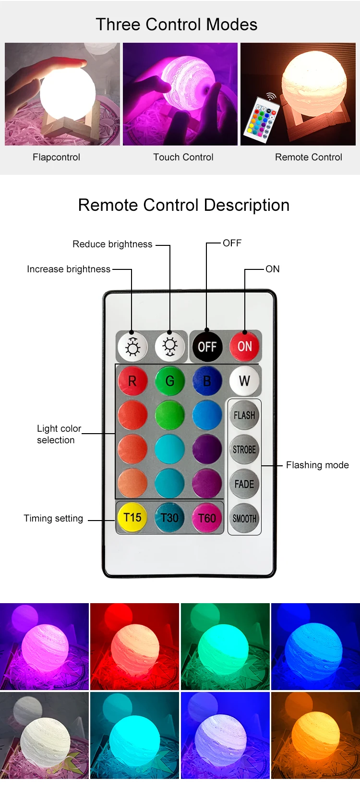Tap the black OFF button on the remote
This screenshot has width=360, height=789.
[x=207, y=346]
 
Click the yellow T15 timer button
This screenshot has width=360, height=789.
[x=132, y=518]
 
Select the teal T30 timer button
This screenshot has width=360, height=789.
[x=169, y=518]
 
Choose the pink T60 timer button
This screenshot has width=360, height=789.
[x=207, y=518]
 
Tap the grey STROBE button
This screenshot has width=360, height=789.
[x=244, y=449]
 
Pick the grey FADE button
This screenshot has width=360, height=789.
[x=244, y=484]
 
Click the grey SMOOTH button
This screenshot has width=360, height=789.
[x=244, y=519]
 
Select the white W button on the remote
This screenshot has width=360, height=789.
[x=244, y=381]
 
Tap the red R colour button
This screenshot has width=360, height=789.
[x=132, y=381]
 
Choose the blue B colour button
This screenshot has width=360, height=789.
[x=207, y=381]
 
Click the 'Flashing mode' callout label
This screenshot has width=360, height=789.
[x=317, y=465]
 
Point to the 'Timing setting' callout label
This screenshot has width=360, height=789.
[x=53, y=518]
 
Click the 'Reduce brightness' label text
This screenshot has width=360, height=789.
[x=112, y=244]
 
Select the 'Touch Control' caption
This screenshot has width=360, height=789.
[x=183, y=157]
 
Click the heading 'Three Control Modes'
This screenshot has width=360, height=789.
[x=177, y=24]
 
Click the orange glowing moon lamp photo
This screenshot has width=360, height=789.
[x=315, y=735]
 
